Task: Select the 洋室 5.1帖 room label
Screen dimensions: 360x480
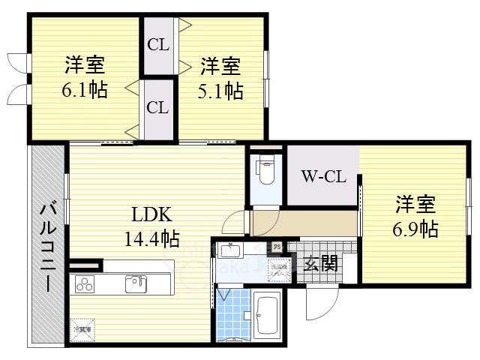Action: [220, 78]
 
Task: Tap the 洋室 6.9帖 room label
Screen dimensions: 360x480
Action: [416, 216]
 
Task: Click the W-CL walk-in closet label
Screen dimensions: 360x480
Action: [323, 177]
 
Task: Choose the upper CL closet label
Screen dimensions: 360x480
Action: [157, 44]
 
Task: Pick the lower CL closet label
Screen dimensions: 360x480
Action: [157, 107]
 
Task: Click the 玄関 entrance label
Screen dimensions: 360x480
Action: [321, 263]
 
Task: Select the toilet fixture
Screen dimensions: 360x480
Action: [265, 171]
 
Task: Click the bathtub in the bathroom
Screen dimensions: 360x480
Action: [267, 314]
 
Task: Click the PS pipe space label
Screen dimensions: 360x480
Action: [277, 245]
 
